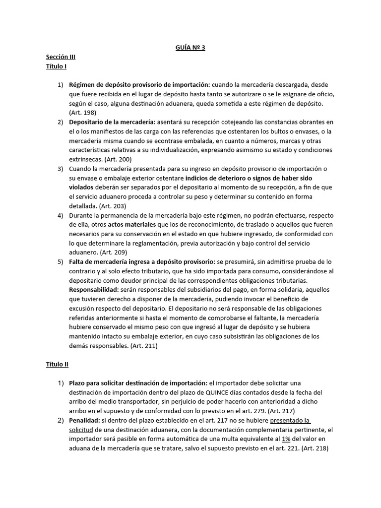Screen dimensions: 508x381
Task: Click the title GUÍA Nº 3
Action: click(x=190, y=48)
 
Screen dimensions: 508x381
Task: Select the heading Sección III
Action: click(x=61, y=57)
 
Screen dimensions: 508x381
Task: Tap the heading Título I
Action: click(x=56, y=66)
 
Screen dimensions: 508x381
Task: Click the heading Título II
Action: click(x=57, y=364)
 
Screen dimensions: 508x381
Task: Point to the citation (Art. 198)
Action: click(x=82, y=113)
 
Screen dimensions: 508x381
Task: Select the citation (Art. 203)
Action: click(x=112, y=205)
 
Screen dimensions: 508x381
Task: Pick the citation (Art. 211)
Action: click(x=144, y=346)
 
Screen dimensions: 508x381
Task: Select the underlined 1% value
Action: click(x=286, y=439)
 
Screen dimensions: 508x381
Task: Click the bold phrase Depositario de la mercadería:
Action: click(x=113, y=122)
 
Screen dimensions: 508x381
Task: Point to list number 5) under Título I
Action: click(x=61, y=261)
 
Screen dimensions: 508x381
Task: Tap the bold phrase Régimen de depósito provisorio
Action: click(x=123, y=85)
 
